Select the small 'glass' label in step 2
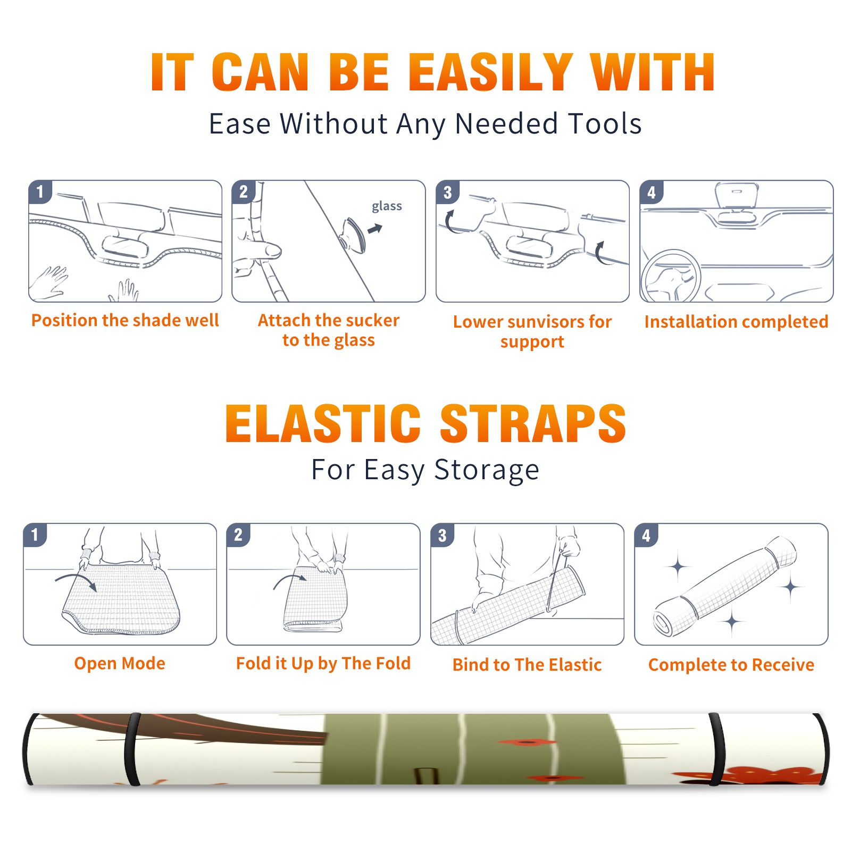coord(387,206)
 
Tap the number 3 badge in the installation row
coord(447,192)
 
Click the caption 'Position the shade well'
coord(125,320)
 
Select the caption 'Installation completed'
coord(736,321)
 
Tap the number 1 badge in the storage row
coord(35,535)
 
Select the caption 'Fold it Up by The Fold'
coord(323,663)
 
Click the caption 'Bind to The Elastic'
coord(527,664)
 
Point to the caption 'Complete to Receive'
coord(731,664)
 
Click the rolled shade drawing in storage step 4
coord(725,585)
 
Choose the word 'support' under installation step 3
coord(532,341)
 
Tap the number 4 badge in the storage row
coord(646,535)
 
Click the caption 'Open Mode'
coord(120,663)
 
